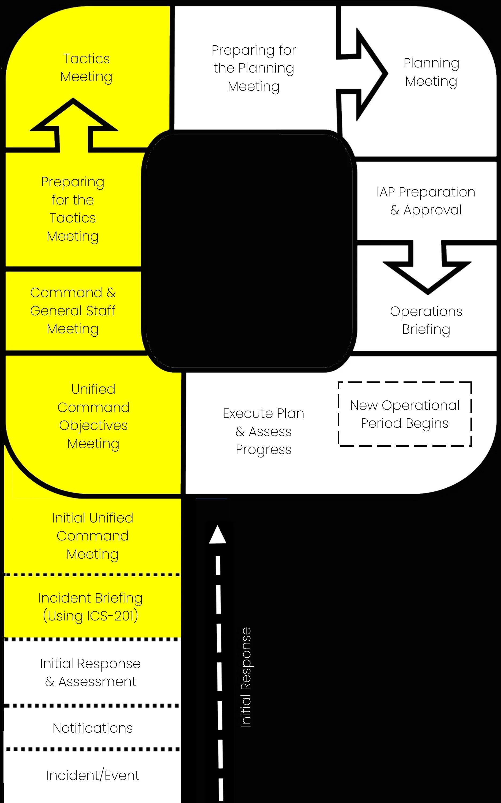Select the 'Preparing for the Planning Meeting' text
254,69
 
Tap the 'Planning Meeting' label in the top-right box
431,72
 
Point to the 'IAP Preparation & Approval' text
426,201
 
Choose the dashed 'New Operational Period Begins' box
405,414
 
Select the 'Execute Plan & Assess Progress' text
264,431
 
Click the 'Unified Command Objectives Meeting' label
93,416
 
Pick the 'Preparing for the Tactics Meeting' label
73,209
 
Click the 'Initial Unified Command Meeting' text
92,536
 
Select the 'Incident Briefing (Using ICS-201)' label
91,607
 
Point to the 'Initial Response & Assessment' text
91,673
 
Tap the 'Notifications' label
93,728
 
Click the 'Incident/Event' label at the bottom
93,775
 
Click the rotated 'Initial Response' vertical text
246,677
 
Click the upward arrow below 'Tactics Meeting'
74,125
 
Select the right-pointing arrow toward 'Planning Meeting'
362,74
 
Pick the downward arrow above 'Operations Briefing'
427,267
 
